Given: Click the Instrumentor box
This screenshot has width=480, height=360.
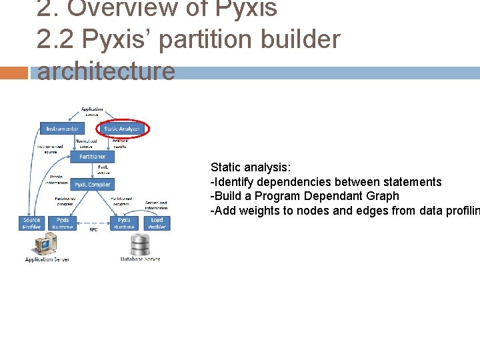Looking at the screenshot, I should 63,129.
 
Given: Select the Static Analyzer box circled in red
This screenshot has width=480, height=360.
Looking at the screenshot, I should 123,129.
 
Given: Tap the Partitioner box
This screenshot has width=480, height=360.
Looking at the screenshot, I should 92,156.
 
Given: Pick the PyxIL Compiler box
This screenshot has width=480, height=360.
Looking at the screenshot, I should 93,184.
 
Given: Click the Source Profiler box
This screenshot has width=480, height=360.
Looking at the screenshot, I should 31,223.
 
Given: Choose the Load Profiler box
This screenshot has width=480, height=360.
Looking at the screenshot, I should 157,223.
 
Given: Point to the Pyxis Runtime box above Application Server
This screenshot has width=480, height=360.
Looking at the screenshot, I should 63,223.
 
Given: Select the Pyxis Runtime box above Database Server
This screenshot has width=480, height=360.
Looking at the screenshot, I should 124,223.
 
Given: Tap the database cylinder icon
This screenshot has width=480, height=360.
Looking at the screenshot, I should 140,245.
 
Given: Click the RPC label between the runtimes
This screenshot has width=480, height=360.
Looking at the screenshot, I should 93,230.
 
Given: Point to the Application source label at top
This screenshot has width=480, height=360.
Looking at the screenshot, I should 92,111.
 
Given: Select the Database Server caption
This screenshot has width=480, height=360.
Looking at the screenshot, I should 140,259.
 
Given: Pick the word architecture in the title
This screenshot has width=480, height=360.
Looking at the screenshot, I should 106,71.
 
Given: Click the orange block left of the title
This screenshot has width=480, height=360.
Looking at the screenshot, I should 14,73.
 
